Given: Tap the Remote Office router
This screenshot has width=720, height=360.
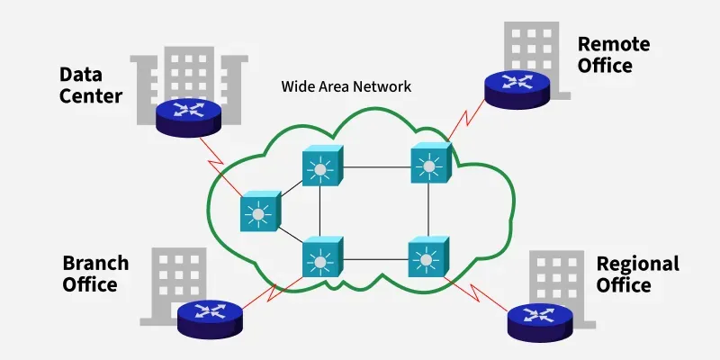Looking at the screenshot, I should point(518,85).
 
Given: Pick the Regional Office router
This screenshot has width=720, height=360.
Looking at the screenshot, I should point(540,317).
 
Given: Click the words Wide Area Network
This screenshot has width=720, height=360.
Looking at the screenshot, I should point(346,87).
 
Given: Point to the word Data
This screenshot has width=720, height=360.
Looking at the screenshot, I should point(80,74).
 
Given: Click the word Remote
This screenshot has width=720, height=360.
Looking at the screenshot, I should point(613,44).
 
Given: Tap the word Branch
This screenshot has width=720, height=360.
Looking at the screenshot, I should point(95,264).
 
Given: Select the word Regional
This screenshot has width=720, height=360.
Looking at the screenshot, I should point(637,264).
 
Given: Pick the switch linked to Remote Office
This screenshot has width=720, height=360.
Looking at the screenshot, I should point(428,165).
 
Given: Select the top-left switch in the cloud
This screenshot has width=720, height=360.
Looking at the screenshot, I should point(319,166).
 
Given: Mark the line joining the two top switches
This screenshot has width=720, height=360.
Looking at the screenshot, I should point(373,166).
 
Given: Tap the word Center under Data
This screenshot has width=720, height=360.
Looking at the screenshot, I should point(90,94).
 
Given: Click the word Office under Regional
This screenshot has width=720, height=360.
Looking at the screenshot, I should point(624,285).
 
